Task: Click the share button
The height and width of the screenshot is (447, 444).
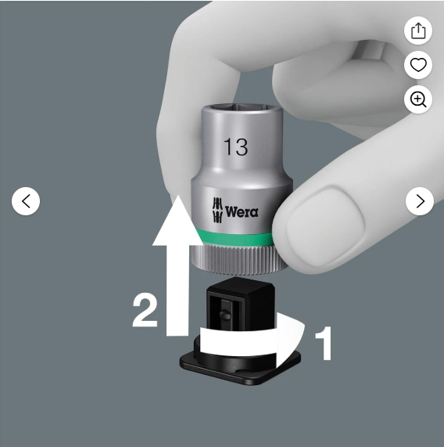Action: pos(418,31)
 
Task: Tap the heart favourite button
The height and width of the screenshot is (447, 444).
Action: pos(418,65)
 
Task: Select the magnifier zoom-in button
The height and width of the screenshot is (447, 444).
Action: pos(418,99)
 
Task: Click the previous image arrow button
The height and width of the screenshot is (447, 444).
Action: pos(26,201)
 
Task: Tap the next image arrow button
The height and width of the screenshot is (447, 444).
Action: pos(420,201)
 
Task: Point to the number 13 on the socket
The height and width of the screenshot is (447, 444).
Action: pos(235,147)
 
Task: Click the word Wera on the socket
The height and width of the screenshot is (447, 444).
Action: pos(242,212)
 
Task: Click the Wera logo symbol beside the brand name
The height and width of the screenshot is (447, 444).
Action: pos(217,210)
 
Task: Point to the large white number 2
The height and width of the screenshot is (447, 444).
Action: pos(145,311)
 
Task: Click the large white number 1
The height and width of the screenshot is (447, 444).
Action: pos(324,343)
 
